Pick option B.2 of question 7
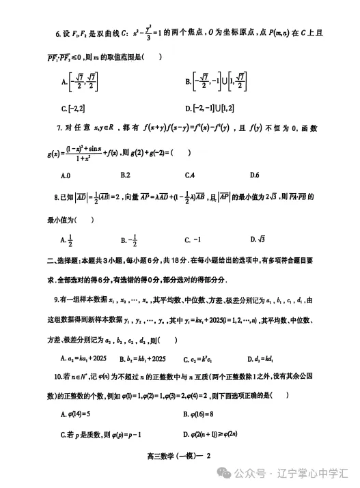pos(125,175)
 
